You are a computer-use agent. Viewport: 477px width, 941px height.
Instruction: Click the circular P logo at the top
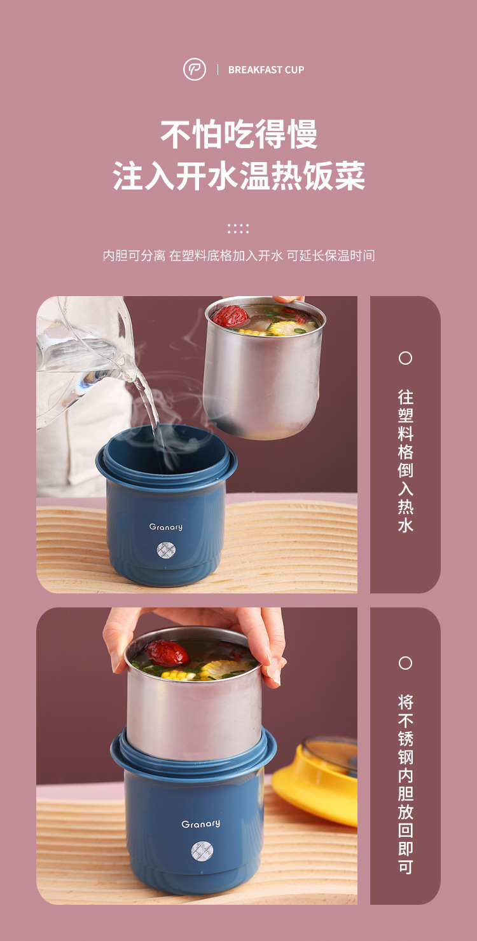[195, 69]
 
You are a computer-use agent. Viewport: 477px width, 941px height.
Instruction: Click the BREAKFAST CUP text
[266, 70]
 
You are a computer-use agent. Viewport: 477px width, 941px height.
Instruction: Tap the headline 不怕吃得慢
[238, 134]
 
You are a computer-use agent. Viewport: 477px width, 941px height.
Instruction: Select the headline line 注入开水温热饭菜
[238, 175]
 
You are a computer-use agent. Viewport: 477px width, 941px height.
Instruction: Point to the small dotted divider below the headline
[238, 229]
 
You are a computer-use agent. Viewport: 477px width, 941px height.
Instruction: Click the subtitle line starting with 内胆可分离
[238, 255]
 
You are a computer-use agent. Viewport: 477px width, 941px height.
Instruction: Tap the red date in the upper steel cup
[230, 316]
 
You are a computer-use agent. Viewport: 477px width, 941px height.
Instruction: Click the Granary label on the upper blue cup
[166, 527]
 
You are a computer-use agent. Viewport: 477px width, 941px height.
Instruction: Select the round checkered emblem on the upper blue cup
[166, 550]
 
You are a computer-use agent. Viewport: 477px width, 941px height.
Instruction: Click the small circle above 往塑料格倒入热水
[405, 358]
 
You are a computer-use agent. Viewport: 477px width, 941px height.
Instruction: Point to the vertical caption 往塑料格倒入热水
[406, 461]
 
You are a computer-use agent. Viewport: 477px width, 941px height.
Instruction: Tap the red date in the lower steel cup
[167, 653]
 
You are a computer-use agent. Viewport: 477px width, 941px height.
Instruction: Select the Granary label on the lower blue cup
[200, 824]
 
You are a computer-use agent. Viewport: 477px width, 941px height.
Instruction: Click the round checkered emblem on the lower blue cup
[202, 851]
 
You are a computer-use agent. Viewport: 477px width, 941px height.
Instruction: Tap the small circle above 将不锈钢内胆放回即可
[405, 663]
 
